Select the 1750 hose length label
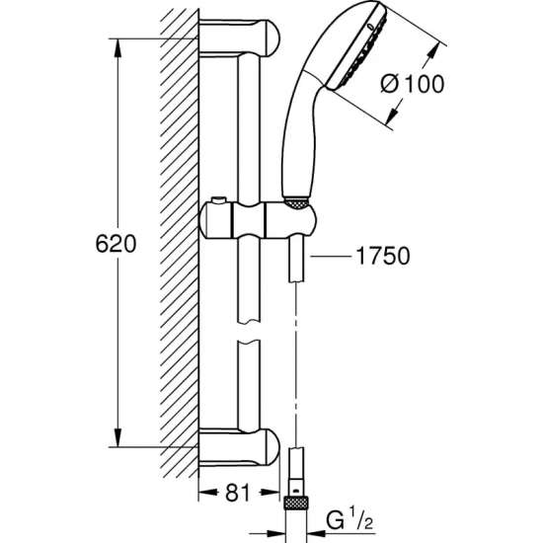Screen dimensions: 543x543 pos(381,256)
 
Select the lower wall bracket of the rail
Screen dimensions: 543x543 pos(242,446)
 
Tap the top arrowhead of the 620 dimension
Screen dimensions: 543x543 pos(118,45)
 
